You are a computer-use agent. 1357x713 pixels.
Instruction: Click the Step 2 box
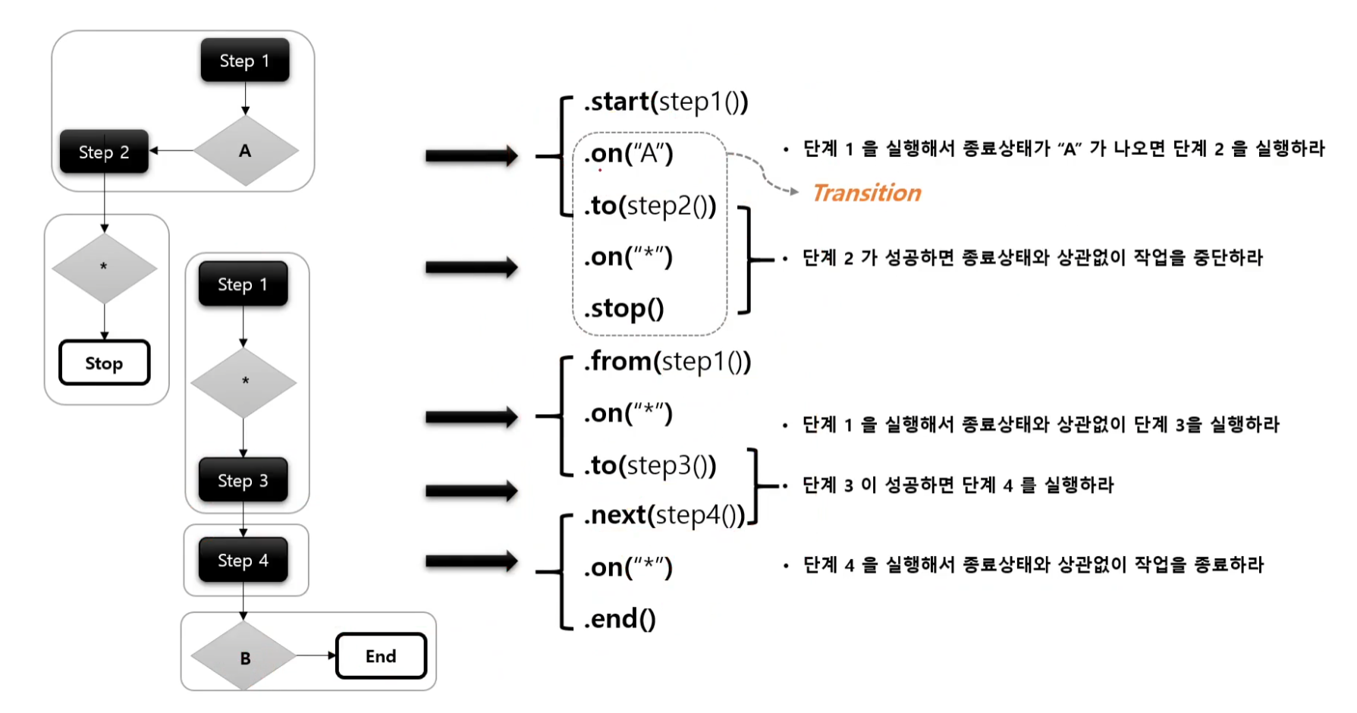104,152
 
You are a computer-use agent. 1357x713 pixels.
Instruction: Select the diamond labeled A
245,150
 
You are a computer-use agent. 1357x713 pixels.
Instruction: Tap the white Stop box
104,363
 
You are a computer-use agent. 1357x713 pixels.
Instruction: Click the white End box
381,655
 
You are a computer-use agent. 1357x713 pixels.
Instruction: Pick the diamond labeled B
244,656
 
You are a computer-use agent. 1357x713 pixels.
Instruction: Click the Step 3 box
243,480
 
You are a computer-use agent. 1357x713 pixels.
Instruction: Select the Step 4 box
243,560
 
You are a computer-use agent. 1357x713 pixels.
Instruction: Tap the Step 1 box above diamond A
244,61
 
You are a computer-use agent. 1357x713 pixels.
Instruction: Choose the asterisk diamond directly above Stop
104,268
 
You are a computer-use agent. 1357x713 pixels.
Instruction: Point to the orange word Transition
867,193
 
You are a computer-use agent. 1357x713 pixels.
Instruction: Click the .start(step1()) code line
666,102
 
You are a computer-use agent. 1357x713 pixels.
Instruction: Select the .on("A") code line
629,153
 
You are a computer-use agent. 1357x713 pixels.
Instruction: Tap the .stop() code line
624,308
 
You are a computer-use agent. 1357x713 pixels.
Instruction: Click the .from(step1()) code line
668,361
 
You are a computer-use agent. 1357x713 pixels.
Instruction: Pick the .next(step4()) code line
664,515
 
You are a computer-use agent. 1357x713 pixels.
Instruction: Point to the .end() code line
620,619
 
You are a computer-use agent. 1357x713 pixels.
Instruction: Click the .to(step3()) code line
650,465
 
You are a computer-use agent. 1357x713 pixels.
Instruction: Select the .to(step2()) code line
650,205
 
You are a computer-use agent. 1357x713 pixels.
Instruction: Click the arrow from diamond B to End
316,655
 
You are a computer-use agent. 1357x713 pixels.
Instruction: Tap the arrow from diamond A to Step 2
172,150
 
